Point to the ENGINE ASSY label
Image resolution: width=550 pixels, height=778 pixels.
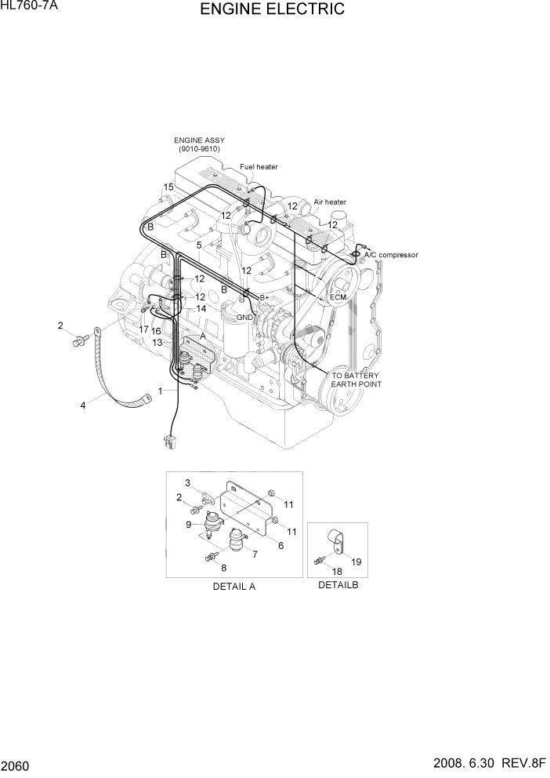tap(199, 144)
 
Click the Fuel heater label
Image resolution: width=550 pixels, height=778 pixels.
tap(259, 166)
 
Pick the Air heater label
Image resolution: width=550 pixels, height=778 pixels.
tap(330, 202)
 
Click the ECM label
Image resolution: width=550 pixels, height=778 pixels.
tap(338, 297)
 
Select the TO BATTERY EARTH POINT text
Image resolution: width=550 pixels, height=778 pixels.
tap(356, 380)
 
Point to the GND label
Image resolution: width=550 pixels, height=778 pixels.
tap(244, 317)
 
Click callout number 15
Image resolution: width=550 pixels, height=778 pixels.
tap(168, 187)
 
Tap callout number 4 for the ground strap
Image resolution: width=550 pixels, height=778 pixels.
tap(81, 405)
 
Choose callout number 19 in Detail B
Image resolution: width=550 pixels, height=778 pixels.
tap(355, 561)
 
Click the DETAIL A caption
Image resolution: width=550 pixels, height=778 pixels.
tap(233, 586)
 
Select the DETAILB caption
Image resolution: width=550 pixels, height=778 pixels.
tap(338, 585)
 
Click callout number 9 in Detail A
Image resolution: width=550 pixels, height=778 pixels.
tap(189, 525)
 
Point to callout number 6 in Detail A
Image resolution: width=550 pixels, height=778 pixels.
tap(280, 546)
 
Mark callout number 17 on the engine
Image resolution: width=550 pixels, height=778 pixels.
tap(143, 329)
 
